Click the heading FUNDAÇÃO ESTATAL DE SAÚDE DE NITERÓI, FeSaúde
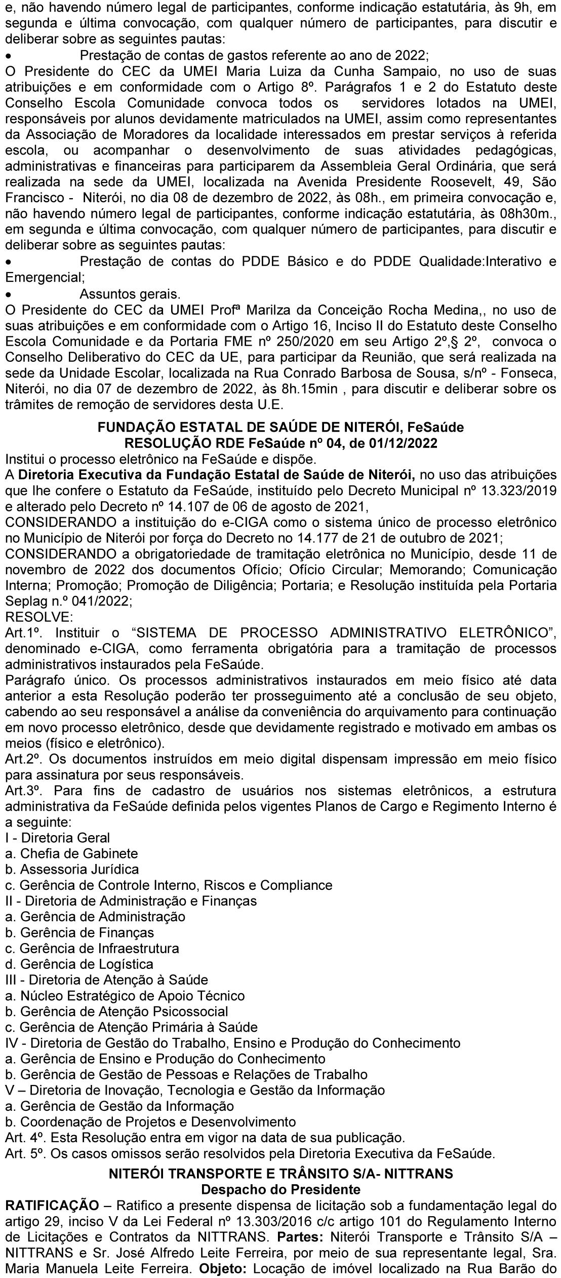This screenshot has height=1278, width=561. [280, 427]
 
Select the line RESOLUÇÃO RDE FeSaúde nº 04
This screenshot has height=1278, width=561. [280, 443]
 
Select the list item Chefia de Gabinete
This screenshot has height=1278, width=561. [71, 853]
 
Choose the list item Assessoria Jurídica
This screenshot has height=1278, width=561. [72, 869]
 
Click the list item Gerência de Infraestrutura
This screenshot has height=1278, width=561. [92, 948]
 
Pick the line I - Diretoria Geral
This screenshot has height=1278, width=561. [57, 838]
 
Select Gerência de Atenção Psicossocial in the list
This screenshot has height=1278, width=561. [116, 1011]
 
